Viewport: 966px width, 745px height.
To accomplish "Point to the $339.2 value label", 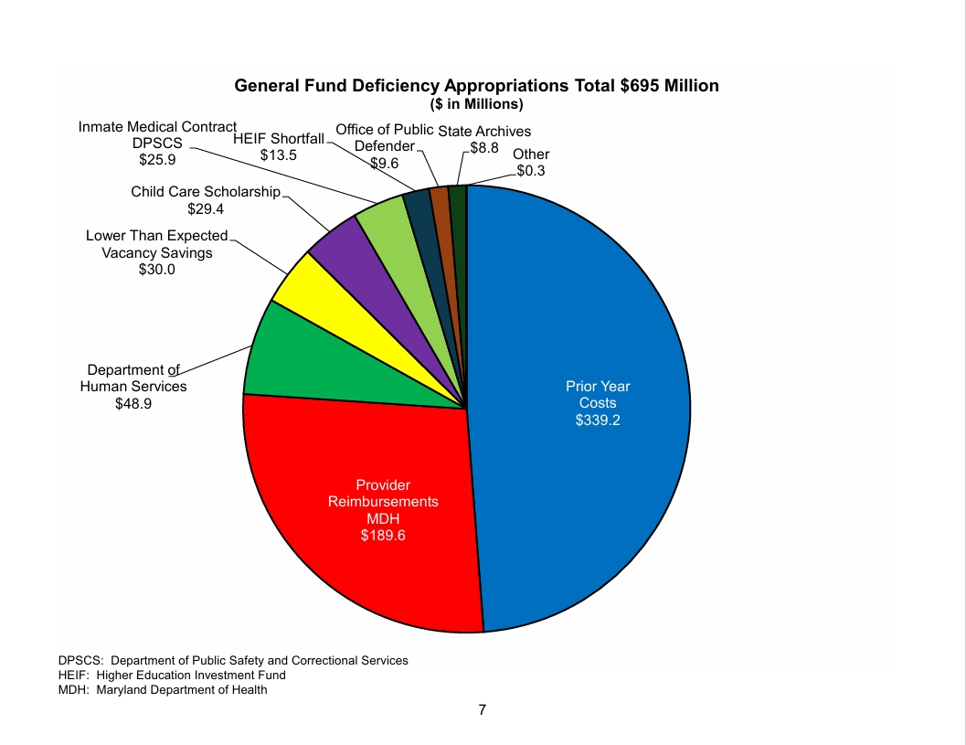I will coord(598,420).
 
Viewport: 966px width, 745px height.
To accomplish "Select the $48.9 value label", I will coord(133,404).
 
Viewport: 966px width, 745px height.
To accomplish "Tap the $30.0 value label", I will coord(157,270).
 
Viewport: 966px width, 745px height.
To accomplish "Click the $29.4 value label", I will coord(206,208).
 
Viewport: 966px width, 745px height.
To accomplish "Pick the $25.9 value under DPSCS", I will coord(157,160).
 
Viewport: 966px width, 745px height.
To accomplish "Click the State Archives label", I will coord(484,132).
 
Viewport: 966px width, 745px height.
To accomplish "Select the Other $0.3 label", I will coord(531,162).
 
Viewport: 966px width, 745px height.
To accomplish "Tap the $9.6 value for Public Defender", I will coord(385,164).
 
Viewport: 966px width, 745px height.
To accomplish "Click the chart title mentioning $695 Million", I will coord(476,86).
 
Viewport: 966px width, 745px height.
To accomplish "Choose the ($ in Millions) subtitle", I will coord(476,104).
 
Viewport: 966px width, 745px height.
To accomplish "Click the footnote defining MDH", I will coord(163,690).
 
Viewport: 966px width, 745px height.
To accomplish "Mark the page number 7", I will coord(482,710).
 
